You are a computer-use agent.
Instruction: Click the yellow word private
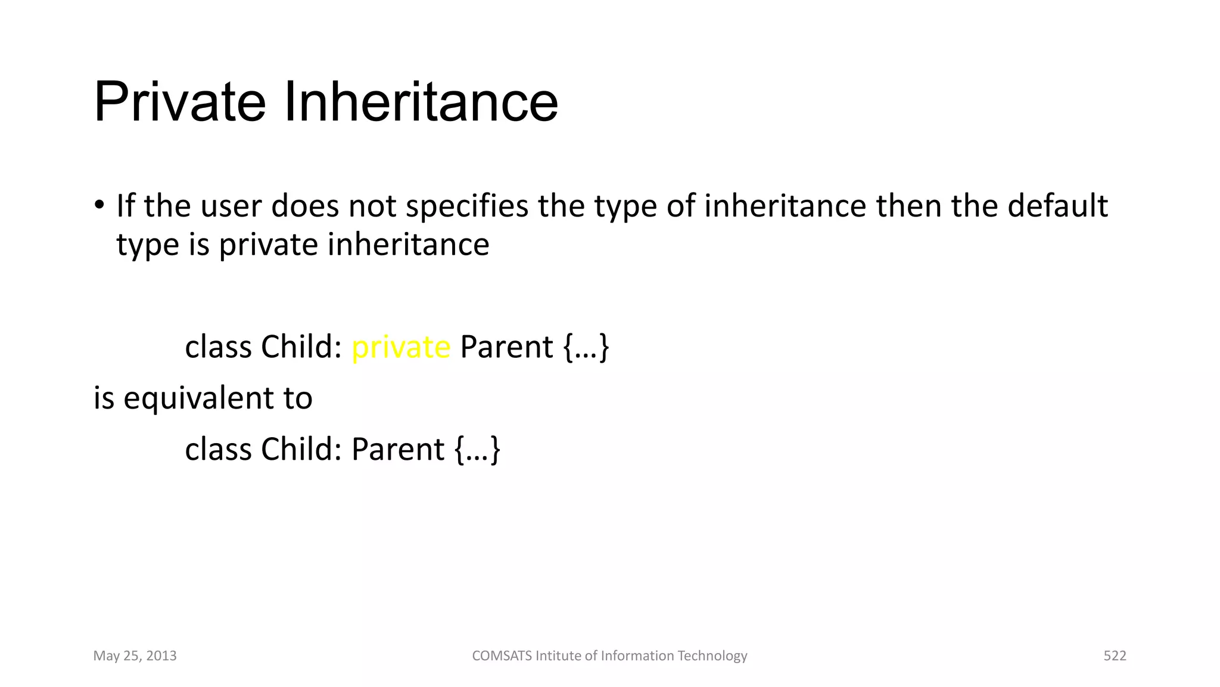coord(401,347)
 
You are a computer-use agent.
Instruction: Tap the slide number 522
coord(1115,656)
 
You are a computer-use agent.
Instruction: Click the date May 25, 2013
coord(135,656)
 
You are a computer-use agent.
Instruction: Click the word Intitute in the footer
coord(558,656)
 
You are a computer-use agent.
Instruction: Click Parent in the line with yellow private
coord(507,347)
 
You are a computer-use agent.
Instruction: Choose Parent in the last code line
coord(398,449)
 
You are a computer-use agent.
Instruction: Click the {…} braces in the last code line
coord(478,449)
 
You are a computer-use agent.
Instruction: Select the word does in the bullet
coord(303,206)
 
